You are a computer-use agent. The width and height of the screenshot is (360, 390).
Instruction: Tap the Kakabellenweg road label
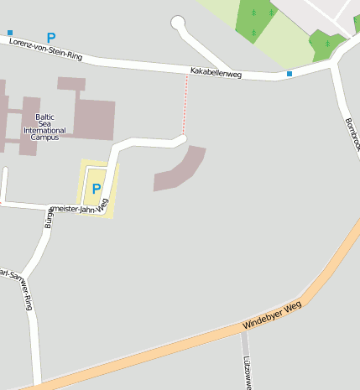point(216,74)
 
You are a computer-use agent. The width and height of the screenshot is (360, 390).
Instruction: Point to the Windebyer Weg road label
point(271,315)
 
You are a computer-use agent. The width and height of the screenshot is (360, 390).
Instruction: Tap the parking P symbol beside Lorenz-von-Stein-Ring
point(51,38)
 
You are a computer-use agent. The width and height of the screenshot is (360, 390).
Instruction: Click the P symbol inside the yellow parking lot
point(97,189)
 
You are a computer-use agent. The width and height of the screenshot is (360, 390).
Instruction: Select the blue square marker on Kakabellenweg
point(290,75)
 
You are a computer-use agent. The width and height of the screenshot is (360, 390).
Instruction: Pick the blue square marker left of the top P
point(10,33)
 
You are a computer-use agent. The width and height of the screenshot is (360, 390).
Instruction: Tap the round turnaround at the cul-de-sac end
point(177,23)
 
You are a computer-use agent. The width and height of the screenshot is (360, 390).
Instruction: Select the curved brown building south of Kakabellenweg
point(180,169)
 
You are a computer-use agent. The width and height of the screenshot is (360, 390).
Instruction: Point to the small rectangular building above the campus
point(71,84)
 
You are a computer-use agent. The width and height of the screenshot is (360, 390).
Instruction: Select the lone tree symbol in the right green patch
point(327,43)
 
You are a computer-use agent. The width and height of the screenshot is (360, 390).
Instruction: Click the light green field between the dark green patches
point(285,38)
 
